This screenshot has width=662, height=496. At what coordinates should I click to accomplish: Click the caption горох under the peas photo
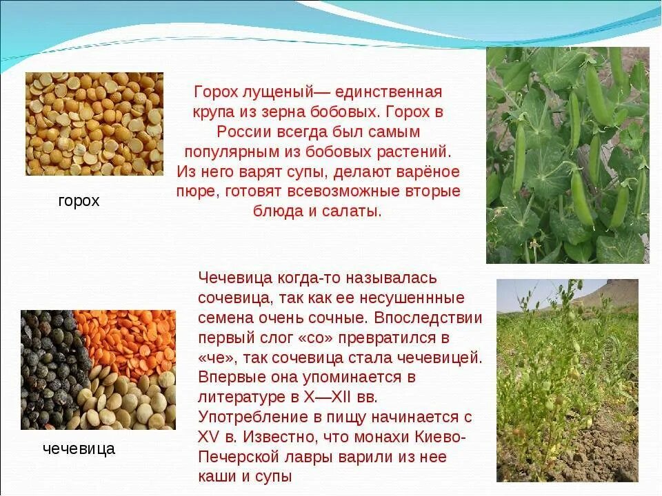(79, 201)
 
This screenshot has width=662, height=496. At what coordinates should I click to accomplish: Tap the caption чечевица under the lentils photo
(79, 449)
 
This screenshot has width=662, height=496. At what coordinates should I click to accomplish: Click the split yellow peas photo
(94, 124)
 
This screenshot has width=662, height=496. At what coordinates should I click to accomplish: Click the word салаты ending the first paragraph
(357, 211)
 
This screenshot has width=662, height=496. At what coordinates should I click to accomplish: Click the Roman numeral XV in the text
(208, 437)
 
